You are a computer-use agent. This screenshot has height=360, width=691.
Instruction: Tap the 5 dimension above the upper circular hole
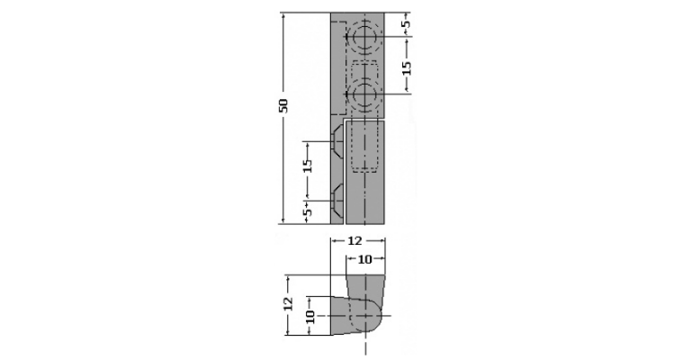407,22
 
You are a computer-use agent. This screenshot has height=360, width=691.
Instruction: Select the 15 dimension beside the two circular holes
407,67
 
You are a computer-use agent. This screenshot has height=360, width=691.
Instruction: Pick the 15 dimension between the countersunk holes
308,166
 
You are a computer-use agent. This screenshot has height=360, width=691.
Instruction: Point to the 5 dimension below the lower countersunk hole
308,211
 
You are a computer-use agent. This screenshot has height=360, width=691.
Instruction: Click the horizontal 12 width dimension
354,240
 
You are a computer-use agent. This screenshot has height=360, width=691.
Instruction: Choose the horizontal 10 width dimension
364,259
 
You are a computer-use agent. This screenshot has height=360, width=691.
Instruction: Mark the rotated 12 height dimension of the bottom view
288,304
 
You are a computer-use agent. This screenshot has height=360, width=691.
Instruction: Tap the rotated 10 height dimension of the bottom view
310,318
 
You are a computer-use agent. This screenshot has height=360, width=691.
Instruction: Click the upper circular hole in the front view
363,38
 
